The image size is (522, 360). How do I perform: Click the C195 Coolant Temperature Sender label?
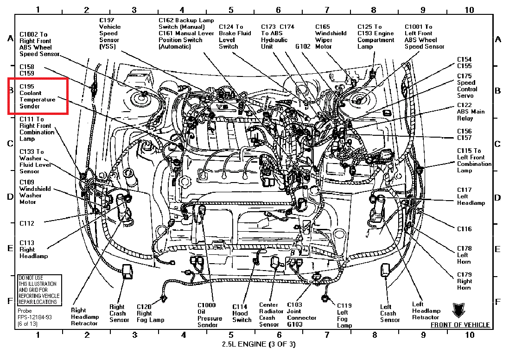pyautogui.click(x=38, y=96)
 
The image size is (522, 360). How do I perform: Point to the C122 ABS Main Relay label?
pyautogui.click(x=471, y=112)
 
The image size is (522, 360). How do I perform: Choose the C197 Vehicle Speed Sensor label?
pyautogui.click(x=110, y=33)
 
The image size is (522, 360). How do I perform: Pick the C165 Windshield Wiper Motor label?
pyautogui.click(x=331, y=37)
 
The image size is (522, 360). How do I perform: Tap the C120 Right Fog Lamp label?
pyautogui.click(x=151, y=313)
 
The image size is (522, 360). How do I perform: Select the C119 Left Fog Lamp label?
pyautogui.click(x=344, y=315)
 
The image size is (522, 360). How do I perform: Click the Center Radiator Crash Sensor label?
pyautogui.click(x=269, y=315)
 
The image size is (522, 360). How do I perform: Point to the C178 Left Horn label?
pyautogui.click(x=465, y=255)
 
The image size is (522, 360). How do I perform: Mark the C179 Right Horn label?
pyautogui.click(x=465, y=281)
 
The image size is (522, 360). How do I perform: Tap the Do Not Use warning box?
pyautogui.click(x=38, y=290)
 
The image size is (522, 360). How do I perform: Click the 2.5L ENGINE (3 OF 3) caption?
pyautogui.click(x=259, y=344)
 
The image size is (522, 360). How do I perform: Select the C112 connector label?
pyautogui.click(x=27, y=223)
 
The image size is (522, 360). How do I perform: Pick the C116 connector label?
pyautogui.click(x=465, y=229)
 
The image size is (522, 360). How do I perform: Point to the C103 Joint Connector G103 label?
pyautogui.click(x=301, y=315)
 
